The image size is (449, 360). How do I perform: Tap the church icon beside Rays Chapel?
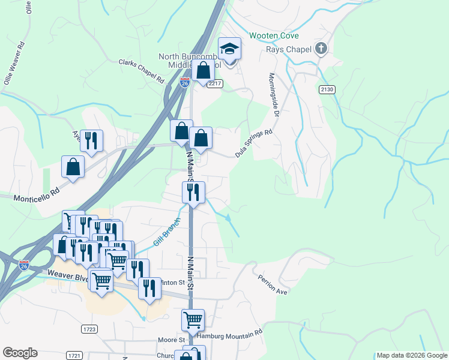click(321, 49)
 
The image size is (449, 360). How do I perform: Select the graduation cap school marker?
click(229, 48)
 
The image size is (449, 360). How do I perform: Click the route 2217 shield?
click(215, 83)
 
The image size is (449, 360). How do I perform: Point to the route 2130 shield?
click(327, 88)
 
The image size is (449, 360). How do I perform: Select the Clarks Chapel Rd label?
click(141, 70)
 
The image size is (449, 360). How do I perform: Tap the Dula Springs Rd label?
click(253, 144)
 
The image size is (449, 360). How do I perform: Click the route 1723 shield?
click(89, 329)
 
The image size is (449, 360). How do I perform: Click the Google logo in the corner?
click(20, 353)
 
